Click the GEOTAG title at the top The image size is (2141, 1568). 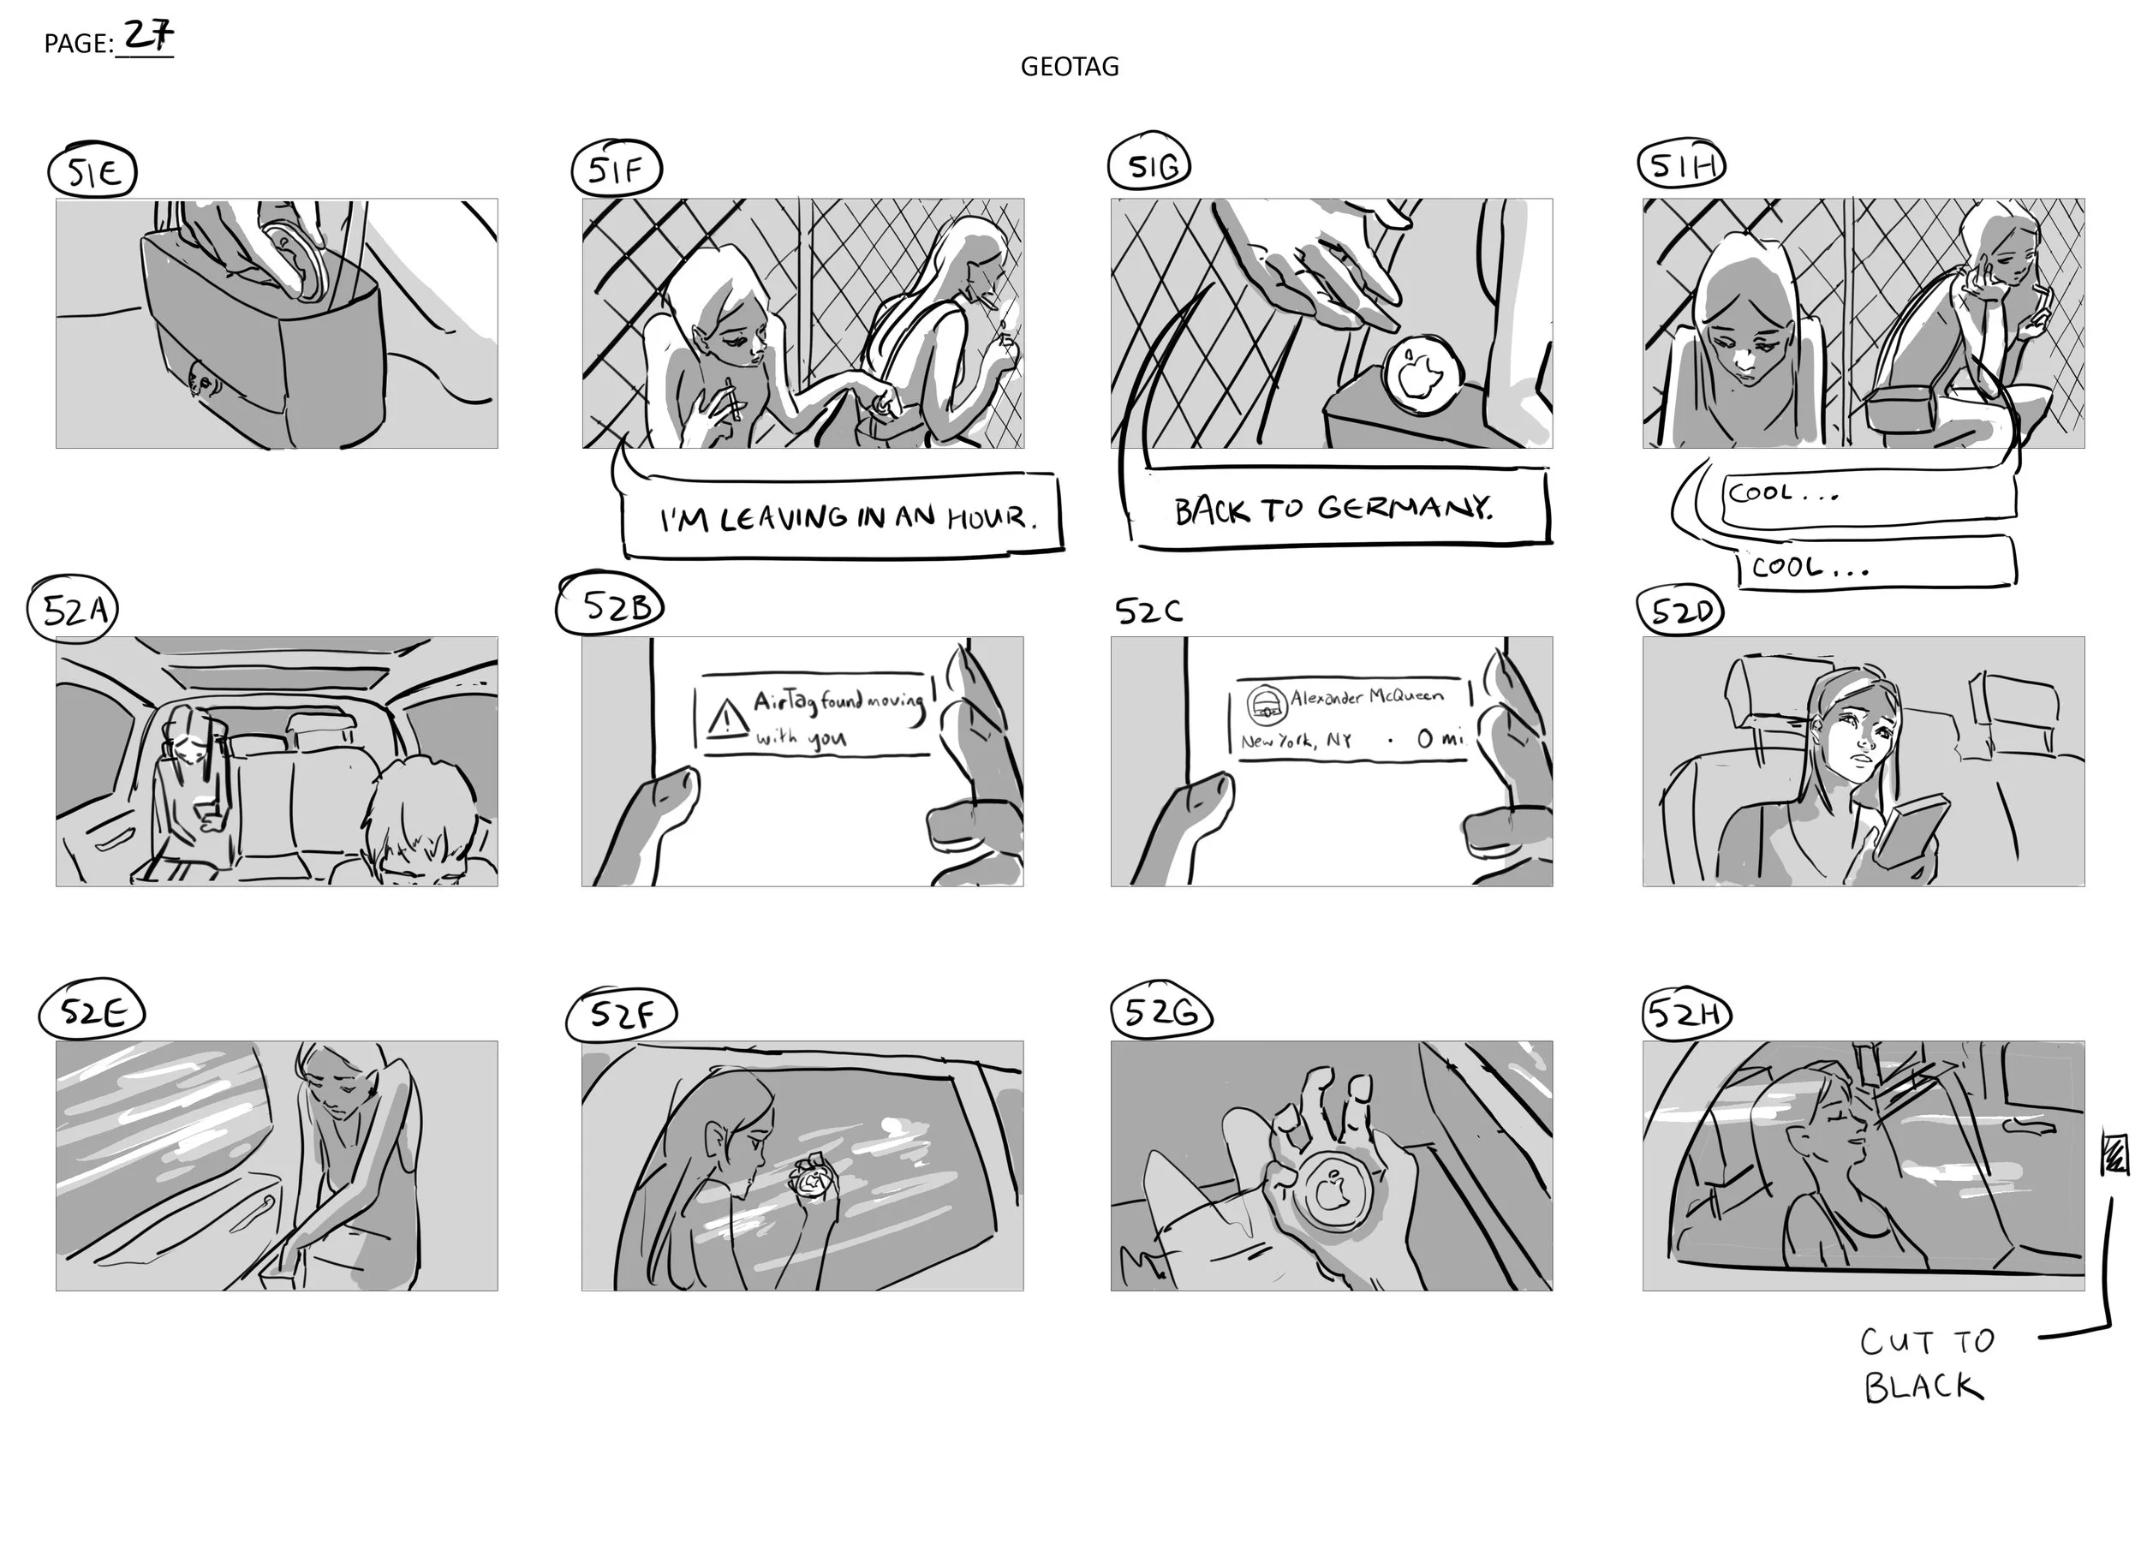click(x=1070, y=67)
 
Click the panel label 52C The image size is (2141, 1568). click(x=1148, y=611)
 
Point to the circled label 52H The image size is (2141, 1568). click(x=1686, y=1015)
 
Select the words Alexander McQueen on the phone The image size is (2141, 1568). click(x=1366, y=698)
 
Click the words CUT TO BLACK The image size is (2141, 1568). click(x=1927, y=1365)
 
